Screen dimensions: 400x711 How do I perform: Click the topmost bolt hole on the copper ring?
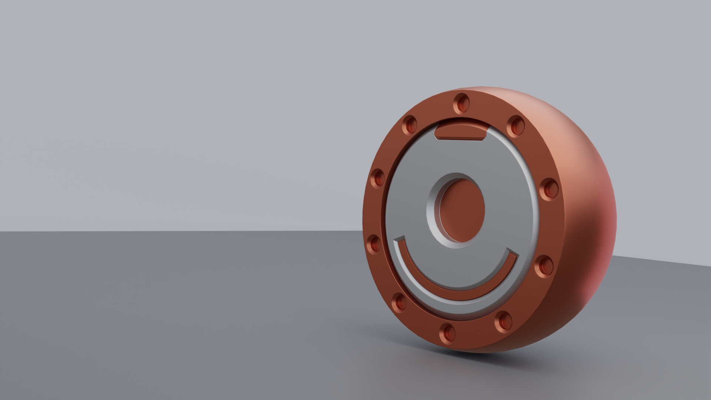(461, 104)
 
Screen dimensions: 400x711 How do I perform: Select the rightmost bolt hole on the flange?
(548, 189)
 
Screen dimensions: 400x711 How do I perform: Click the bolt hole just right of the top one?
(515, 126)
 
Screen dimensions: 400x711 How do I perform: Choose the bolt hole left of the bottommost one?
(399, 302)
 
